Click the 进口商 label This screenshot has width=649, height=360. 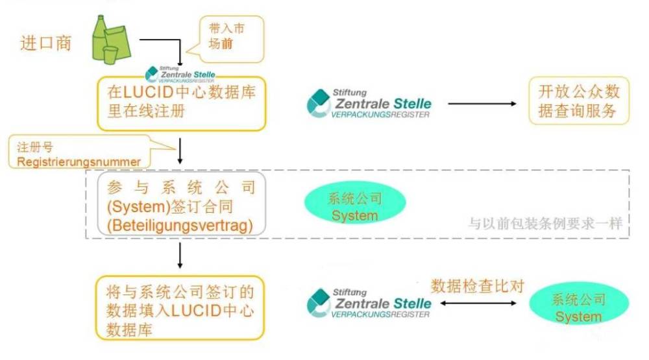click(x=46, y=43)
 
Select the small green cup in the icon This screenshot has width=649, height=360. click(x=110, y=55)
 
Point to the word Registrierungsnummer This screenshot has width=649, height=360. click(x=79, y=162)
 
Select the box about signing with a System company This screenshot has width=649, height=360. click(x=181, y=204)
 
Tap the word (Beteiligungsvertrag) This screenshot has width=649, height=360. click(x=180, y=226)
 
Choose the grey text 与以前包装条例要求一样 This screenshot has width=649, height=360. click(x=546, y=224)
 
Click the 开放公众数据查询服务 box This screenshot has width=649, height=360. click(x=579, y=101)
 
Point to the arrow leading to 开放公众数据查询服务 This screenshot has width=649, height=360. click(x=482, y=103)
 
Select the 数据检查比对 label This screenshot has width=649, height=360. click(x=477, y=286)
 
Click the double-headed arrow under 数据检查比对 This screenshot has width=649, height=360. click(x=478, y=303)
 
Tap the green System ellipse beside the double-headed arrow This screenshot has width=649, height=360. click(x=579, y=304)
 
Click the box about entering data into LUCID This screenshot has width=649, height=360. click(x=180, y=308)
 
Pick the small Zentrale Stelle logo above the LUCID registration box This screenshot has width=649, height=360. click(x=180, y=74)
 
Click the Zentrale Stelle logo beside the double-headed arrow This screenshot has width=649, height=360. click(x=369, y=304)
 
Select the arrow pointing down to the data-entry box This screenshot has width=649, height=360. click(x=180, y=256)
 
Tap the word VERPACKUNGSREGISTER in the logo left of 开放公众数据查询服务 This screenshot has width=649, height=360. click(x=380, y=115)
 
